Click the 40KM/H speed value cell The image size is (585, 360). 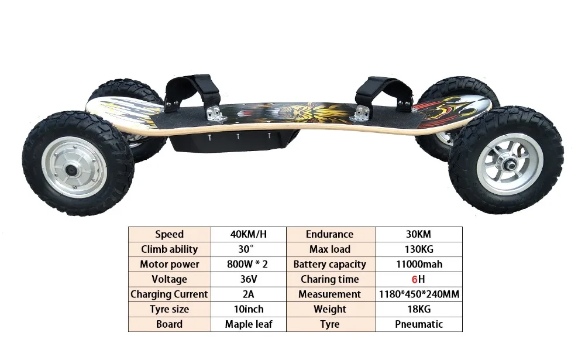click(x=248, y=234)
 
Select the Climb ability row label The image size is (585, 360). click(x=170, y=249)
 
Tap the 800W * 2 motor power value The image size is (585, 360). click(x=248, y=264)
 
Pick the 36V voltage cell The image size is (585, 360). click(x=248, y=279)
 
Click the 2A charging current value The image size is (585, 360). click(x=248, y=294)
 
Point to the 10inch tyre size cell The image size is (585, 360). click(x=248, y=309)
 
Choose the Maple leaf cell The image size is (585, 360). click(x=248, y=324)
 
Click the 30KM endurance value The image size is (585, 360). click(x=418, y=234)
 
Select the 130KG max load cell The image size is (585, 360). click(x=418, y=249)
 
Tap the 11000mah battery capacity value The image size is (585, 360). click(x=418, y=264)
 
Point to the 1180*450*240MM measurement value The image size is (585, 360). click(x=418, y=294)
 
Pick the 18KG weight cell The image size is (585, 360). click(x=418, y=309)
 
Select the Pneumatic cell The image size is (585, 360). click(x=418, y=324)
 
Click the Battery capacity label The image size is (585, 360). click(x=330, y=264)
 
